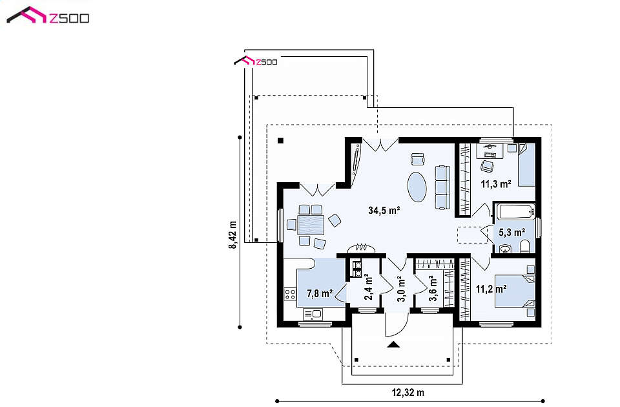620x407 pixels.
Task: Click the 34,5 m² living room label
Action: (x=384, y=210)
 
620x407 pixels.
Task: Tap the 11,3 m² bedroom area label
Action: (x=496, y=184)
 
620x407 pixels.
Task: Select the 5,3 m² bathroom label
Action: (x=512, y=232)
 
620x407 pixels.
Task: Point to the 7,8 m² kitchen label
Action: (x=320, y=293)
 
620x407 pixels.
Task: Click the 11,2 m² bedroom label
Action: (x=491, y=289)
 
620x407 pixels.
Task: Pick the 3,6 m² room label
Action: (x=433, y=288)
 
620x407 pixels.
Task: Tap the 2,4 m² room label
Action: (x=369, y=287)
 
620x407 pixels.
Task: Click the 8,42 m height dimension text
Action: (x=232, y=235)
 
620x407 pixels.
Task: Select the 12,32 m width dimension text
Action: (x=408, y=393)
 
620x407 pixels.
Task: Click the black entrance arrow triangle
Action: (x=393, y=344)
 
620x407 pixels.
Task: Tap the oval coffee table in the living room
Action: (x=418, y=187)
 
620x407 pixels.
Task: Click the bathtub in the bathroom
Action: (x=516, y=212)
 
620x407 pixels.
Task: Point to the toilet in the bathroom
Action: (x=524, y=247)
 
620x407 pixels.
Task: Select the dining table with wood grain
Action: (x=311, y=225)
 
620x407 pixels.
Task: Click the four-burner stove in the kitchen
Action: (x=290, y=294)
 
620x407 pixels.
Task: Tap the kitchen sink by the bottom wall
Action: (x=313, y=315)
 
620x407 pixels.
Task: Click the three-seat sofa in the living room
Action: (x=443, y=187)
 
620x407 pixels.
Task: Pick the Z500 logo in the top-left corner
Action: (x=48, y=16)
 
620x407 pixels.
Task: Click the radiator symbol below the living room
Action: (x=361, y=248)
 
